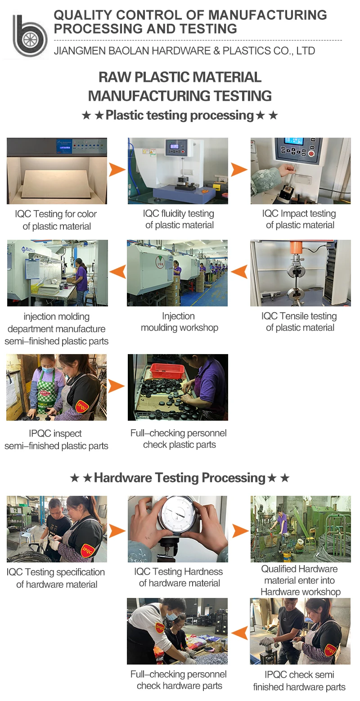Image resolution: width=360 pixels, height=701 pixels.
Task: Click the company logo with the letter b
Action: (x=29, y=36)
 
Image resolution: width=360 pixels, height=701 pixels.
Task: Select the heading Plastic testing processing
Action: (x=180, y=116)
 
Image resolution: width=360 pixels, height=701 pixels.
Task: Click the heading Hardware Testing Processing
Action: (x=180, y=478)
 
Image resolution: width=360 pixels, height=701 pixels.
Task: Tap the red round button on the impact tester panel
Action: (x=311, y=153)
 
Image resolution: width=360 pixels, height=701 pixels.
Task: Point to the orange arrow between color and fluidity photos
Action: (x=117, y=170)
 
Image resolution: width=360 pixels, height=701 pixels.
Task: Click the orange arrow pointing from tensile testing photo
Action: (x=239, y=272)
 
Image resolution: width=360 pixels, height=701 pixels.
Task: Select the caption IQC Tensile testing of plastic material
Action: (x=300, y=322)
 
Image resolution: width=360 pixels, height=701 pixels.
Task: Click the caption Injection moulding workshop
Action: (x=179, y=322)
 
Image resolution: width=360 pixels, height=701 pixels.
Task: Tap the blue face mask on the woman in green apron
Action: (x=47, y=369)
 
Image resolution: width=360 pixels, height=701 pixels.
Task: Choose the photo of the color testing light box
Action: (x=57, y=171)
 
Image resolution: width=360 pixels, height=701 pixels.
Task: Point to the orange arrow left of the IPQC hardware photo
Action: (x=239, y=633)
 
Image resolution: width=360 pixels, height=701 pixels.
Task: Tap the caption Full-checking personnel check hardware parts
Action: (x=179, y=680)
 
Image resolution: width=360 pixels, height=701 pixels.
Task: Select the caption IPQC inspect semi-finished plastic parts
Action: (x=56, y=440)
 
